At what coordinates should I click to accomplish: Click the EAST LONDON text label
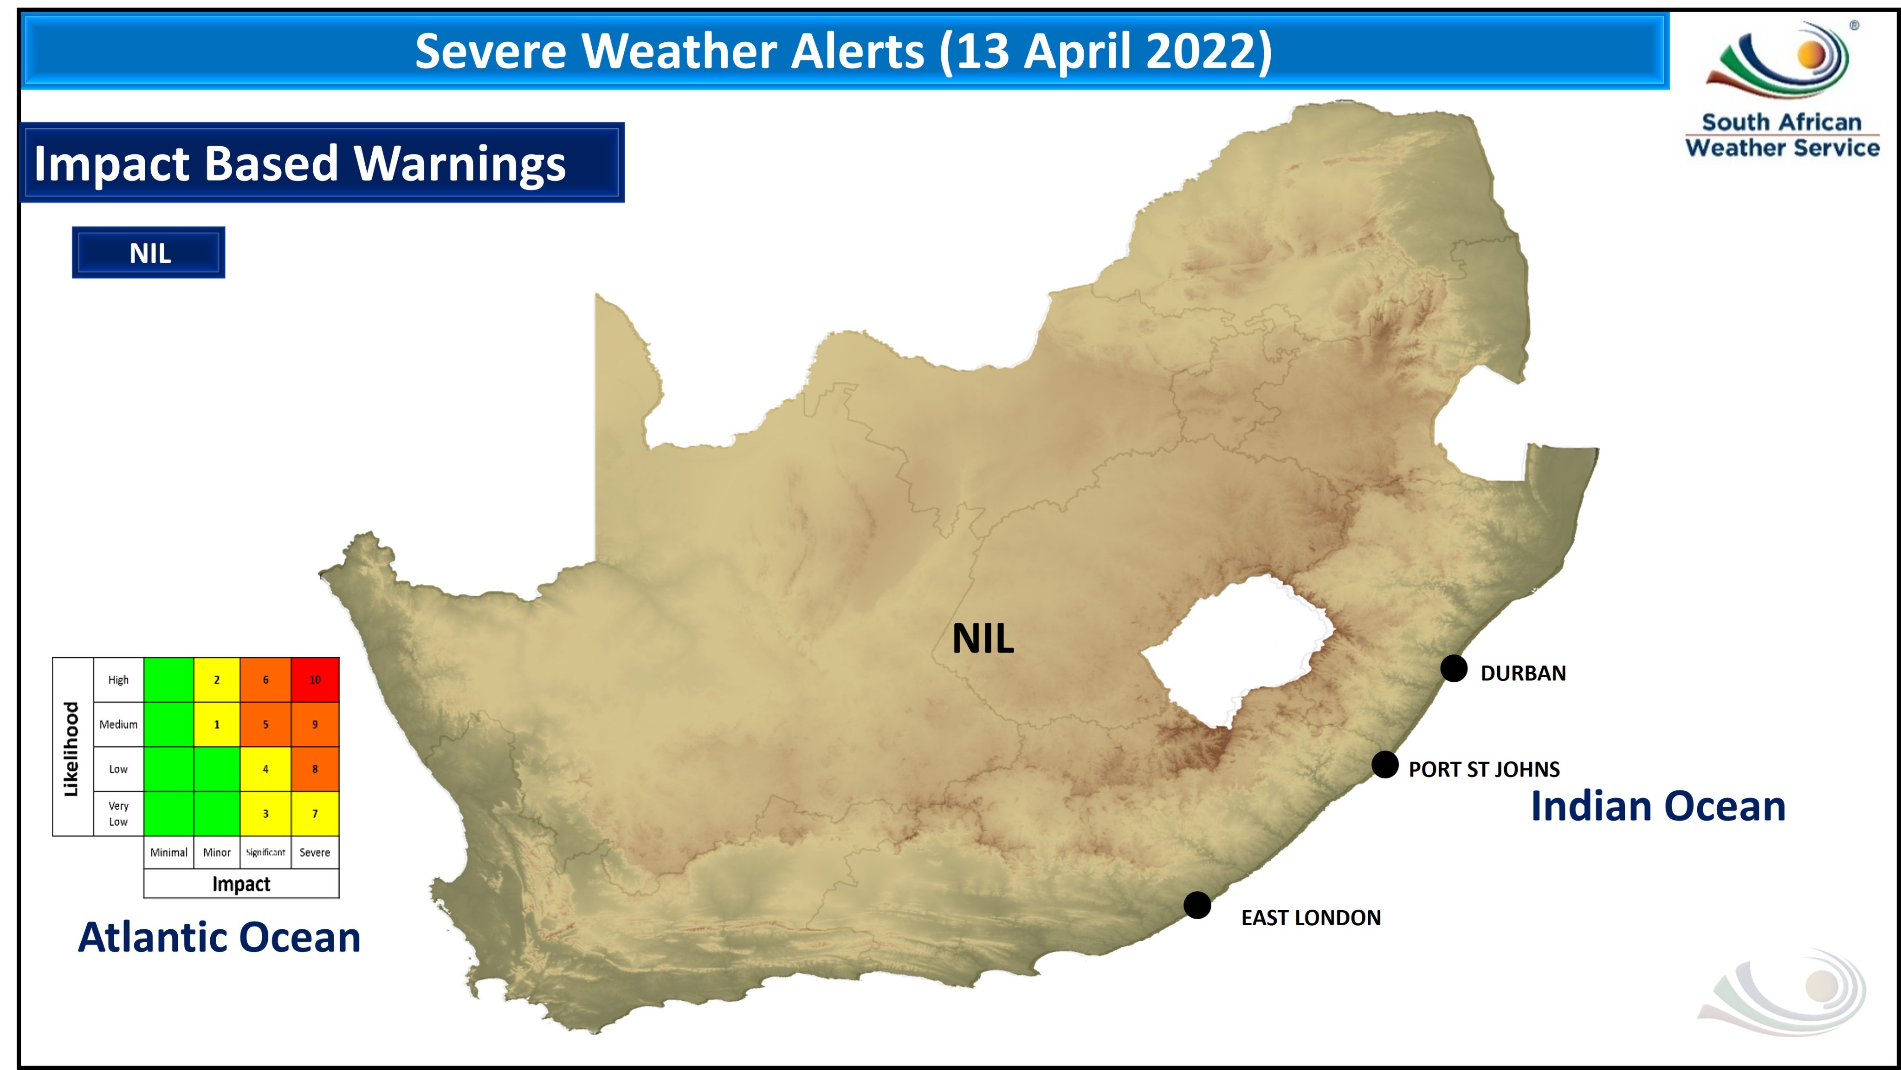(1311, 917)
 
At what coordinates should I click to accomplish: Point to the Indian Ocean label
(1657, 806)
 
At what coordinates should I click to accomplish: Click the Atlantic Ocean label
(219, 937)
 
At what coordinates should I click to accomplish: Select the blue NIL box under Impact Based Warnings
(149, 253)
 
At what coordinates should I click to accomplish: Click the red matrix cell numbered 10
(315, 679)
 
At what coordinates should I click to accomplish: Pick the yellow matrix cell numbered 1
(216, 724)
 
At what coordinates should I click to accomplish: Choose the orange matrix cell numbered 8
(315, 769)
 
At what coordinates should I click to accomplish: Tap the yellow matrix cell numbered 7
(315, 813)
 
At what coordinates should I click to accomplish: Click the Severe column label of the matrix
(315, 852)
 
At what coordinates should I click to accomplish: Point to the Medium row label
(118, 724)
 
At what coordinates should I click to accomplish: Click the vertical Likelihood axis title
(71, 748)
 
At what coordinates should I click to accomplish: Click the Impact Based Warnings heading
(300, 163)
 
